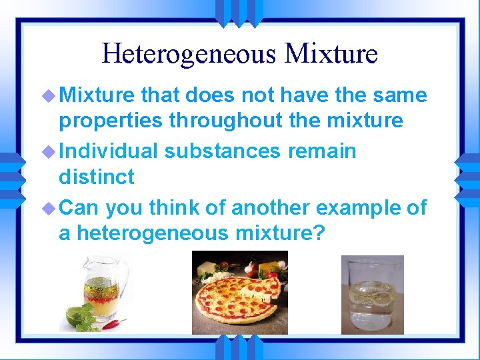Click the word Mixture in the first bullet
point(97,95)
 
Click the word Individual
point(108,151)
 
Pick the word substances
point(223,151)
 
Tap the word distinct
point(96,177)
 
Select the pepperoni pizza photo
point(239,293)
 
